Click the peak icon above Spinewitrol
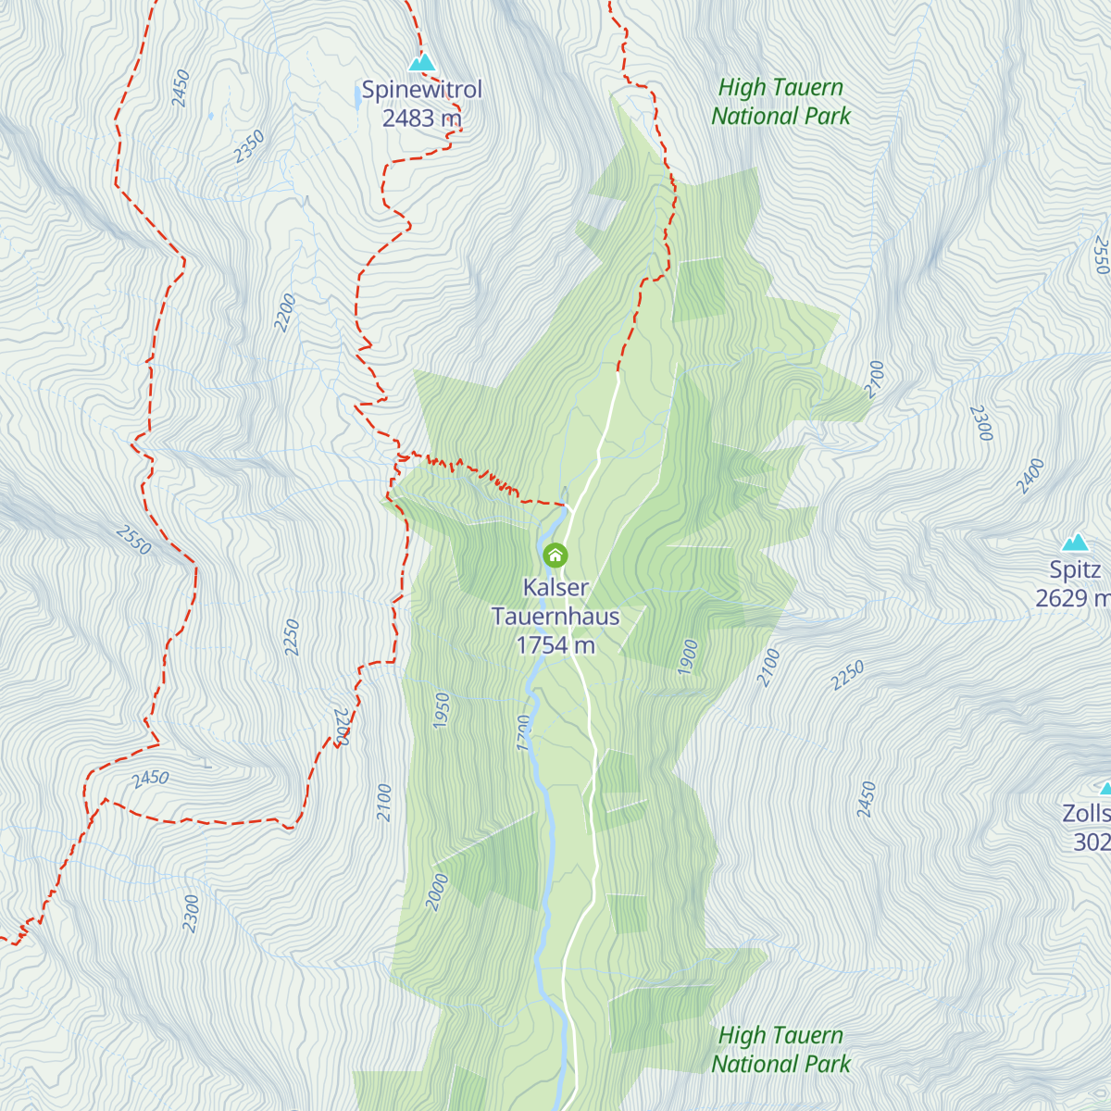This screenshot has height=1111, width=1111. [422, 63]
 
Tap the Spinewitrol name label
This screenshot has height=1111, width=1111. [422, 90]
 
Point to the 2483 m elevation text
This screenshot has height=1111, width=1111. [422, 118]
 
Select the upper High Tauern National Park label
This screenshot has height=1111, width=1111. [780, 102]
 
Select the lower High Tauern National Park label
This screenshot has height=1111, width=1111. [780, 1050]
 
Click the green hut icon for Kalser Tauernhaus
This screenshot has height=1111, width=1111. [555, 555]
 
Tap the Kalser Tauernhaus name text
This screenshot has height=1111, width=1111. [555, 602]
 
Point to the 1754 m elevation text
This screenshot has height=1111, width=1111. [555, 645]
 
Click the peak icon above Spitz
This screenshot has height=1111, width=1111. [1075, 542]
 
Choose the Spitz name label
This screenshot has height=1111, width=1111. [1075, 569]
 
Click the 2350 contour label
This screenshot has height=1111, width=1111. [249, 147]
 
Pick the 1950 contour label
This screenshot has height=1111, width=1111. [442, 710]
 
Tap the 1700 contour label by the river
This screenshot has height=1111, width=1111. [525, 732]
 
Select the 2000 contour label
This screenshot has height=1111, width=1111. [437, 893]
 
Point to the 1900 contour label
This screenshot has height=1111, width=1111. [687, 657]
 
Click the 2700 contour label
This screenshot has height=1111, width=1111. [875, 380]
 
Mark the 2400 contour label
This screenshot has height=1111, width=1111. [1030, 476]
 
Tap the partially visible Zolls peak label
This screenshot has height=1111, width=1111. [1087, 814]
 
